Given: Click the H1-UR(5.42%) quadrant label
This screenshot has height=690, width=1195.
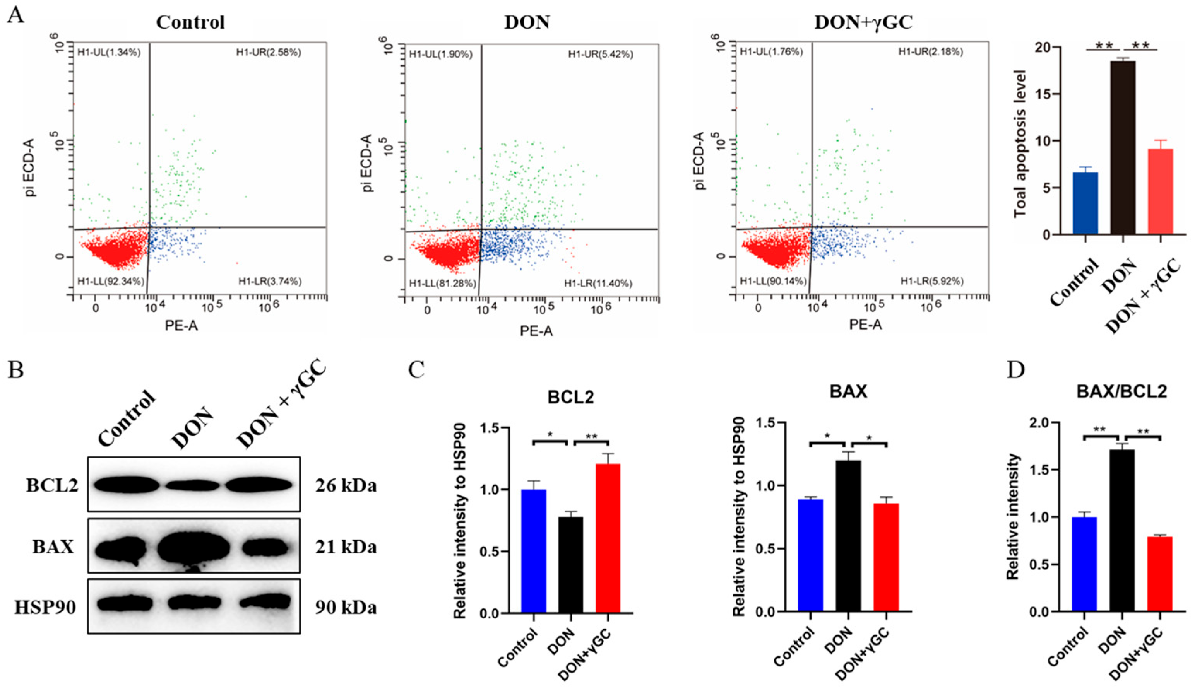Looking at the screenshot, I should click(x=601, y=55).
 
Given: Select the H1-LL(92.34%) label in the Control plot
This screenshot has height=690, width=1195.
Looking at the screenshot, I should click(x=110, y=282).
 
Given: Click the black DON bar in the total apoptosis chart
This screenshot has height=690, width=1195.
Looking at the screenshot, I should click(x=1123, y=147).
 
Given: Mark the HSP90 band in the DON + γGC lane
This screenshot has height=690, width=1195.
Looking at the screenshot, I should click(x=265, y=602).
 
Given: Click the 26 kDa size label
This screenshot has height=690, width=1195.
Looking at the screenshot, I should click(x=346, y=486).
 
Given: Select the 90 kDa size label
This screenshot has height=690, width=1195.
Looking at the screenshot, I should click(x=346, y=608).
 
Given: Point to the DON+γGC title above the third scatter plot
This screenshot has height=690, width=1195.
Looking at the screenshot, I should click(x=863, y=22).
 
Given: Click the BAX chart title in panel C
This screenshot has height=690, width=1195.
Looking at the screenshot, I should click(x=849, y=391).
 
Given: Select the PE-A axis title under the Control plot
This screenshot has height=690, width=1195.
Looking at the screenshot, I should click(x=181, y=326).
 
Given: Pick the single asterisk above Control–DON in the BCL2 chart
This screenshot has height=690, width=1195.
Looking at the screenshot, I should click(x=550, y=434).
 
